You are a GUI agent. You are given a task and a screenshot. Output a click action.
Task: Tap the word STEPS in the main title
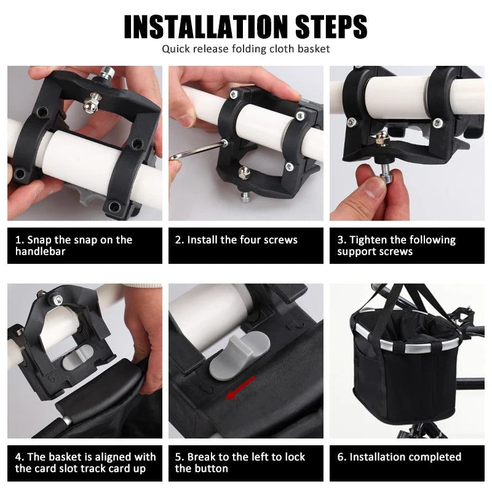331,26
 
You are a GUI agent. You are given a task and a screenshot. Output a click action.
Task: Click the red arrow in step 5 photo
240,388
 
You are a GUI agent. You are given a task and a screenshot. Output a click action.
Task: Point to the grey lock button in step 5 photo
239,356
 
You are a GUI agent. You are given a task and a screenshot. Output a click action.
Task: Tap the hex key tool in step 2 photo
197,151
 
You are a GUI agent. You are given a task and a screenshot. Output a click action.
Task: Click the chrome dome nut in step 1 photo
91,103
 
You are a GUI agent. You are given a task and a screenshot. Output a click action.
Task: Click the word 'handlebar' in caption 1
40,252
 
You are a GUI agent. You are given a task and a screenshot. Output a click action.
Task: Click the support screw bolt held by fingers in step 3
386,172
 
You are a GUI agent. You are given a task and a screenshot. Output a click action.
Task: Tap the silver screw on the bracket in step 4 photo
57,299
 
